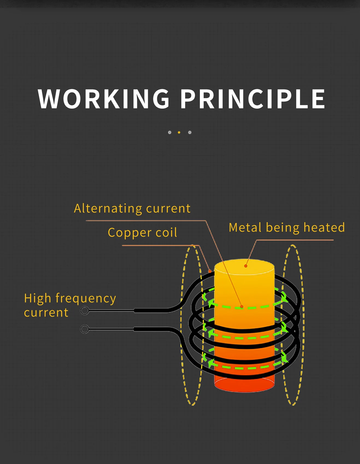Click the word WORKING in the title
click(x=104, y=99)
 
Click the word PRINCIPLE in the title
click(x=253, y=99)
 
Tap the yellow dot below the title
click(x=179, y=132)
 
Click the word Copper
click(x=130, y=233)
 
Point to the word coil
click(x=166, y=233)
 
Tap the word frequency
click(x=86, y=298)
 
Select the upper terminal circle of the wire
click(x=85, y=311)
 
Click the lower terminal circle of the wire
click(x=85, y=329)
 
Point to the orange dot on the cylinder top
click(x=246, y=266)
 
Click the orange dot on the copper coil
click(x=210, y=271)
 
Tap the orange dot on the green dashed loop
click(x=242, y=307)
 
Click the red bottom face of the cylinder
click(x=244, y=385)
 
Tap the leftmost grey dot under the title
click(x=170, y=132)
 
